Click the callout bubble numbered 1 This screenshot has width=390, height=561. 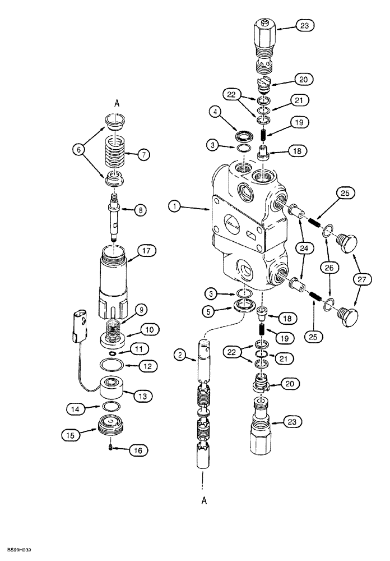(175, 207)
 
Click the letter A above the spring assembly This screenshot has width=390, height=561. (117, 103)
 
